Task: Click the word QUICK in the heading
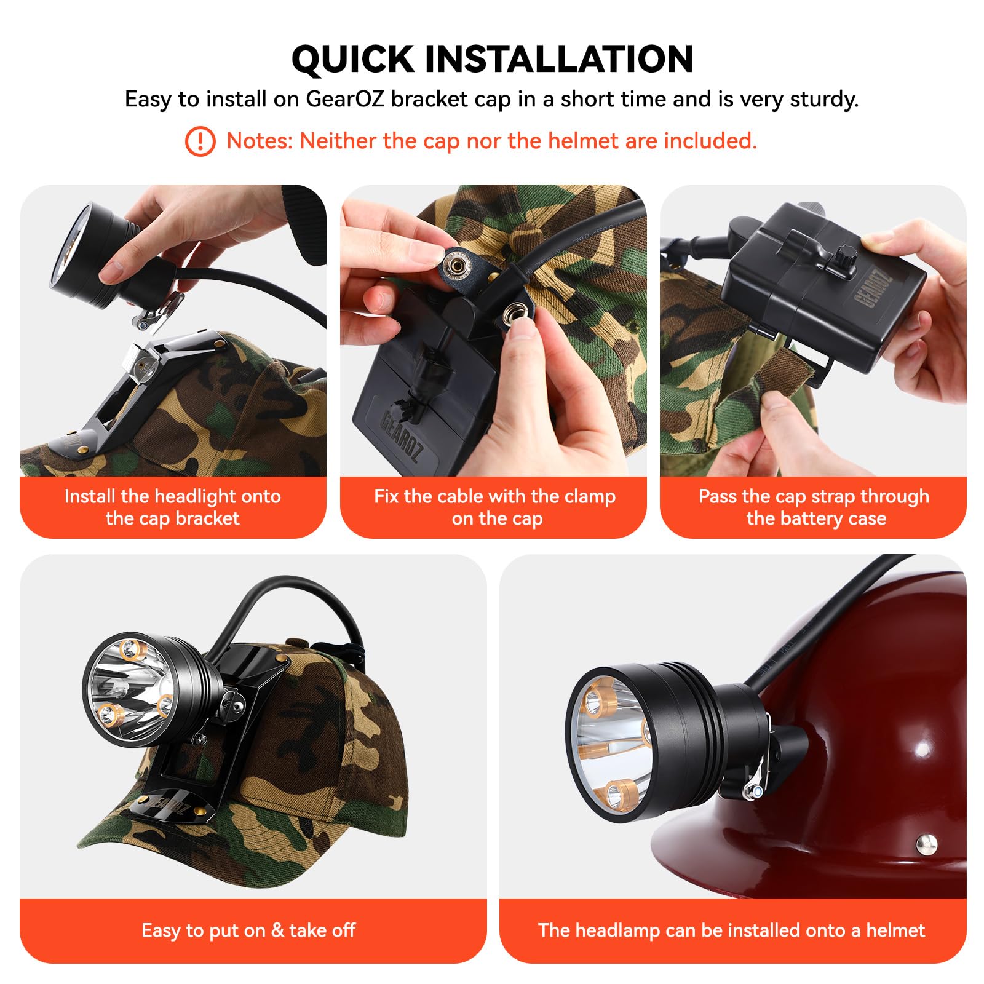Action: (353, 60)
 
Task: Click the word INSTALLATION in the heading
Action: (559, 59)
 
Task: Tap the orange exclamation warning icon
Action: (200, 141)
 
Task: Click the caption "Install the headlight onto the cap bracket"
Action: (173, 507)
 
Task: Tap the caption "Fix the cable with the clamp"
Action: (494, 496)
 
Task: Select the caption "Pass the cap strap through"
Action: (814, 496)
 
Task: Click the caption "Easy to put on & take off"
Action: (248, 930)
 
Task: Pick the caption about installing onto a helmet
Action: (731, 930)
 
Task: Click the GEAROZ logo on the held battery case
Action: (872, 288)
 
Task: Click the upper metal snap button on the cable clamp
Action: (458, 265)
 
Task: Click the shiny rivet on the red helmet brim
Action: (927, 843)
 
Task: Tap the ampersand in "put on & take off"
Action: (277, 930)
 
